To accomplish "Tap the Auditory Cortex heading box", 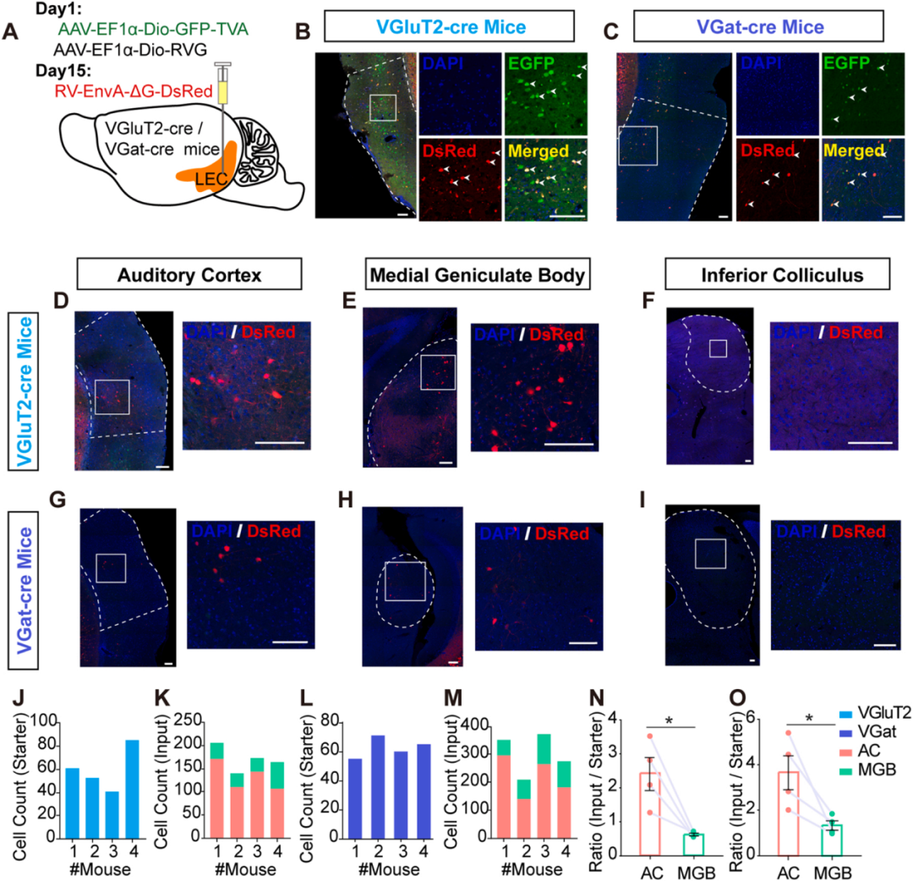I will click(189, 276).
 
